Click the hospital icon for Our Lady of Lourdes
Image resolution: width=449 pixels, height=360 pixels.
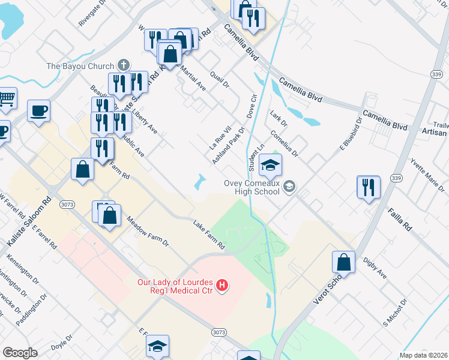point(223,284)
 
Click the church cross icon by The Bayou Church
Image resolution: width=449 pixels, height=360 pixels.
point(124,65)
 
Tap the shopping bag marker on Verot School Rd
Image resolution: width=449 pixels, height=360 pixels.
point(343,262)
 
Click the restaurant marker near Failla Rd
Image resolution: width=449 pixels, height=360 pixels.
point(368,187)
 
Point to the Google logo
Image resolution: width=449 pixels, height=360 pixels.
point(20,352)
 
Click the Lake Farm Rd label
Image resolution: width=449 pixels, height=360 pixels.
point(209,235)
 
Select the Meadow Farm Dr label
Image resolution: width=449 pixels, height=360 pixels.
point(148,232)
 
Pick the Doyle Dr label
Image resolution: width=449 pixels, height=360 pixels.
point(62,346)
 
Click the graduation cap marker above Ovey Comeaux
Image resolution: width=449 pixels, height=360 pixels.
point(270,164)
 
